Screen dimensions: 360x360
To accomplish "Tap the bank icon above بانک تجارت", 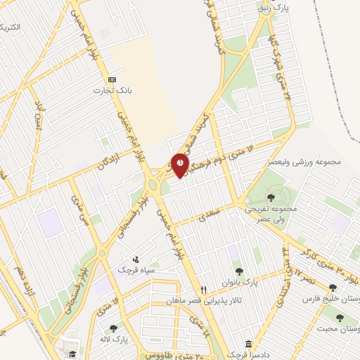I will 112,79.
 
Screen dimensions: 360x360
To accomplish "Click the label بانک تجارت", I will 112,91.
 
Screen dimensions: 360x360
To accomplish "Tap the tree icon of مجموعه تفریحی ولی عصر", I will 271,198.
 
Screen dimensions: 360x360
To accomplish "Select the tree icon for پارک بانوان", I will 240,271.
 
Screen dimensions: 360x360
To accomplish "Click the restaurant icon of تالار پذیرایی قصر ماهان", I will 203,289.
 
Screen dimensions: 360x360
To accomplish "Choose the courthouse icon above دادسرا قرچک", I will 249,344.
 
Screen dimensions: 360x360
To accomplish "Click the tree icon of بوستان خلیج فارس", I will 332,287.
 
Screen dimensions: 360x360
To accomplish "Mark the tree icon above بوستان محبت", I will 340,317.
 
